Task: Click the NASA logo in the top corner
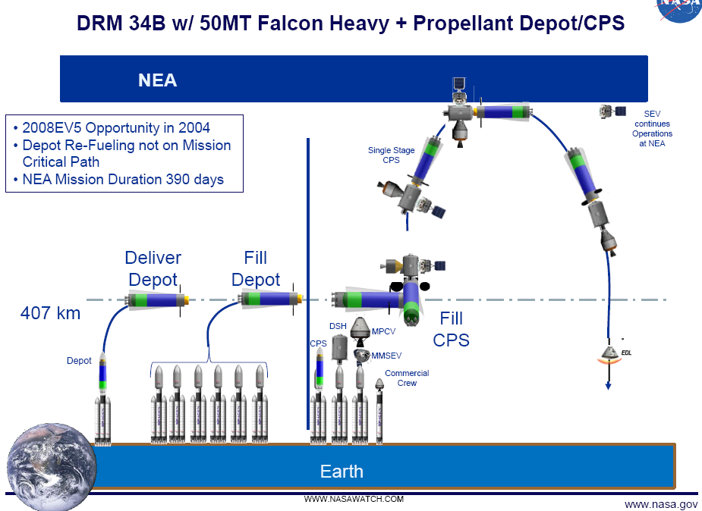coord(679,9)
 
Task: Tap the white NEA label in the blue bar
coord(158,80)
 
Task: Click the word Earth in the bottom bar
coord(342,472)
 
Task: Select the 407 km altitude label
coord(50,312)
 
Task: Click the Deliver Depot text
coord(153,268)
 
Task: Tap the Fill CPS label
coord(452,329)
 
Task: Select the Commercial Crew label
coord(407,378)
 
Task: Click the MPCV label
coord(385,331)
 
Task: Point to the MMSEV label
coord(386,356)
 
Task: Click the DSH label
coord(338,326)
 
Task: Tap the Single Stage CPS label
coord(392,155)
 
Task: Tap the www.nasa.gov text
coord(660,504)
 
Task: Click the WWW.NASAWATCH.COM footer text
coord(354,499)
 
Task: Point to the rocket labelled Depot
coord(103,402)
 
